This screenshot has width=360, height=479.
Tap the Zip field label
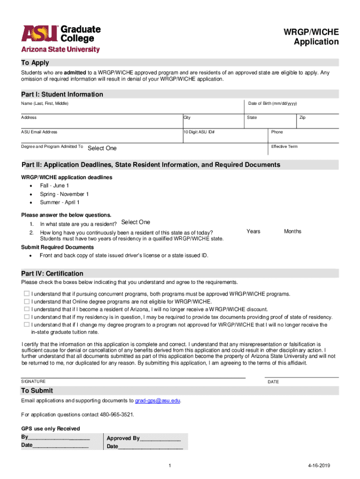click(x=302, y=117)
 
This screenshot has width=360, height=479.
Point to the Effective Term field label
click(x=284, y=146)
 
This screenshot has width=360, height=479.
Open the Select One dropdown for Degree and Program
click(x=102, y=148)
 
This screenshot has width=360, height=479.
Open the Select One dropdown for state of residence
click(x=136, y=222)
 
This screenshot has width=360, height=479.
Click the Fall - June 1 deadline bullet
click(x=54, y=186)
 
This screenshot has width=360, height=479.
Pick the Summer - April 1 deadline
click(x=59, y=203)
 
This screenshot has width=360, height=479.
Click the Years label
click(x=253, y=232)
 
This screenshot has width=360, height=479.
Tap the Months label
click(x=293, y=232)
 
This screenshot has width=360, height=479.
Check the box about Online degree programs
click(x=26, y=302)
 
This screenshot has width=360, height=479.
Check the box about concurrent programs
click(x=26, y=294)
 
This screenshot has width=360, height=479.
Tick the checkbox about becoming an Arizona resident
click(x=26, y=309)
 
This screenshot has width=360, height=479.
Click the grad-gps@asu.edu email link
click(x=158, y=401)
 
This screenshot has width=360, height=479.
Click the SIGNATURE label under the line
click(x=33, y=381)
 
